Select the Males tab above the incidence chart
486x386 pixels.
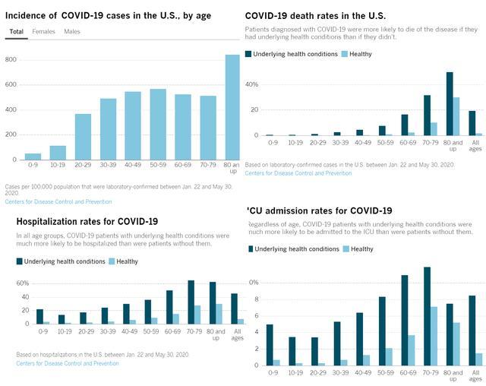click(x=72, y=31)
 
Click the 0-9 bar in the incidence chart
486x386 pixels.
click(x=33, y=156)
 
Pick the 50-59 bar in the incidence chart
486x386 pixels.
click(x=158, y=124)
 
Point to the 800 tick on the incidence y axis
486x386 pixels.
click(x=11, y=59)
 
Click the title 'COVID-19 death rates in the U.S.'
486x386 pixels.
click(x=315, y=15)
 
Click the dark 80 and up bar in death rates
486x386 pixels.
click(x=450, y=103)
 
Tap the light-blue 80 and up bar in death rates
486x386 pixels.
click(x=456, y=116)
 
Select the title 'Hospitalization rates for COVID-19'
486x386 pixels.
click(x=87, y=221)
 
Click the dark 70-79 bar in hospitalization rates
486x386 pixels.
click(x=191, y=302)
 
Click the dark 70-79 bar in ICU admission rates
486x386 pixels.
click(x=428, y=315)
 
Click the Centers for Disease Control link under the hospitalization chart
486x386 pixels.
click(x=67, y=363)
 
